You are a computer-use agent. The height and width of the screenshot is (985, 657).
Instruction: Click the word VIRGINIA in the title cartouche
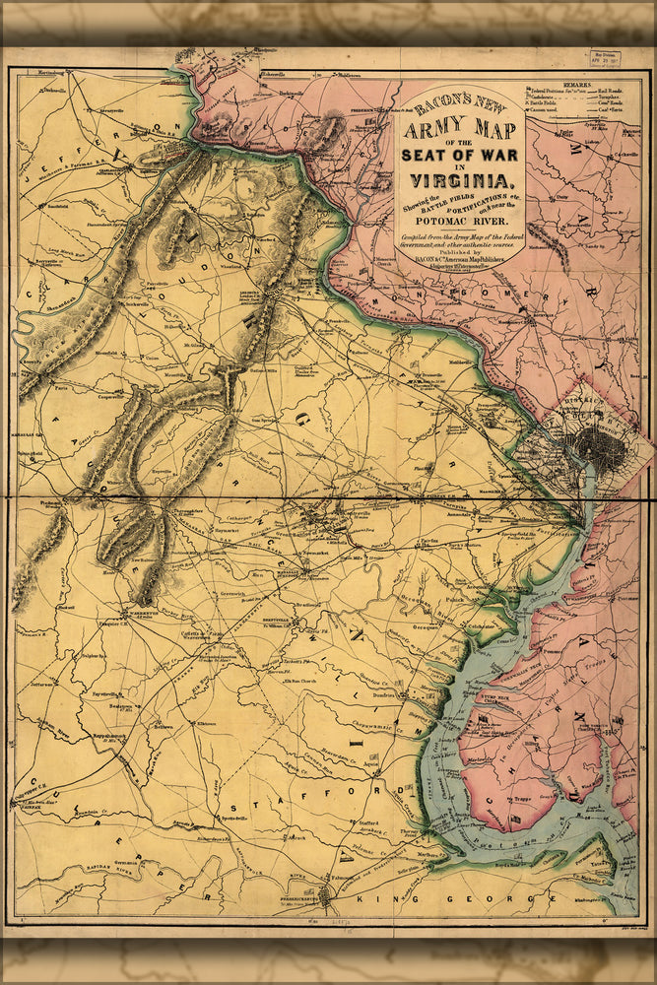point(460,179)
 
